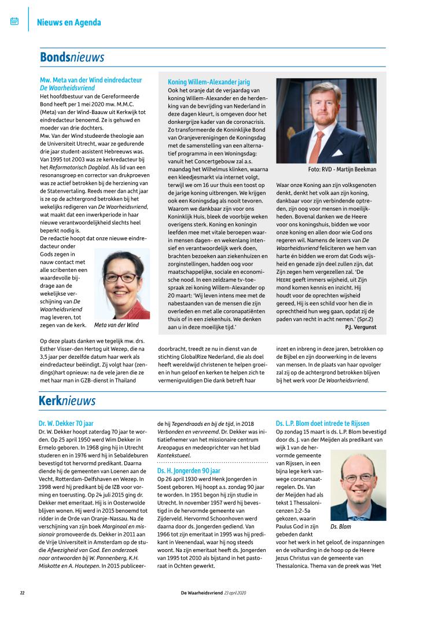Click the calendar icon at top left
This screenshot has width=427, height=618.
(14, 21)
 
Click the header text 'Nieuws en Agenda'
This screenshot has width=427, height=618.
(69, 23)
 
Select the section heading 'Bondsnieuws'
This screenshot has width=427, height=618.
(72, 57)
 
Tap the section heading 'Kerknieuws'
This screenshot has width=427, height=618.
(67, 400)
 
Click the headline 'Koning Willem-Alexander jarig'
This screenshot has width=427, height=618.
(209, 82)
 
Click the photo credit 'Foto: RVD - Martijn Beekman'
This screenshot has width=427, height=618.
(342, 170)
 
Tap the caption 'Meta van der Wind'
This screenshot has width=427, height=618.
(116, 325)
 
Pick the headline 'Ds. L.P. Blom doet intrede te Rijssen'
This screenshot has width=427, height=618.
(322, 424)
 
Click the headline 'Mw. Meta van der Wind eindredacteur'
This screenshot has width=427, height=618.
(91, 79)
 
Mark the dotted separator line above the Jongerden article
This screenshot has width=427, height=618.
(212, 463)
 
